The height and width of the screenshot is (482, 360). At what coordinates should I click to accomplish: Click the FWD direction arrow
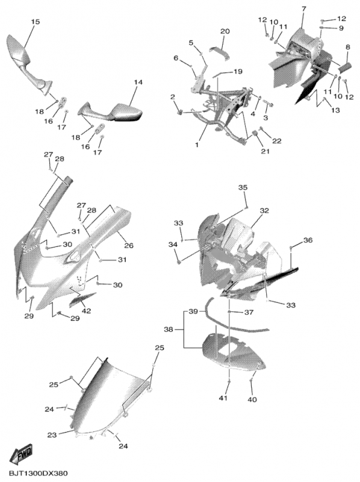22,453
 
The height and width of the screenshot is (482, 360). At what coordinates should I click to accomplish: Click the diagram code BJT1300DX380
38,473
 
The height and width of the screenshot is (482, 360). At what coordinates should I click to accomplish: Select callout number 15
35,22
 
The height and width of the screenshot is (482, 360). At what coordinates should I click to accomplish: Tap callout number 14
138,82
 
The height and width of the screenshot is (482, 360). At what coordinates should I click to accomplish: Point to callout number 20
225,31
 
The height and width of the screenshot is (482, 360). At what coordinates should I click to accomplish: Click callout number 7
304,9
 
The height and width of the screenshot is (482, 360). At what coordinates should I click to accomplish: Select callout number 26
129,245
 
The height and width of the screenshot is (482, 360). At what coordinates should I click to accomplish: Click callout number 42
86,311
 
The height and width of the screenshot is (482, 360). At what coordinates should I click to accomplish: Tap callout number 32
264,210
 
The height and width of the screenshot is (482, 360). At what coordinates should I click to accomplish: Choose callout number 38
169,330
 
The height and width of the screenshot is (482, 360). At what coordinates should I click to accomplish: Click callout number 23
52,435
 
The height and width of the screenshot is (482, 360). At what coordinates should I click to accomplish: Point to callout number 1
197,144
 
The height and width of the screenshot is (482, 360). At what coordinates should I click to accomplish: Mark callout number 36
308,240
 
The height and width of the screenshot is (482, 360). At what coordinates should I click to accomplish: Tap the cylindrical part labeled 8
344,67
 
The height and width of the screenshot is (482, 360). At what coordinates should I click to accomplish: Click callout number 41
223,398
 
